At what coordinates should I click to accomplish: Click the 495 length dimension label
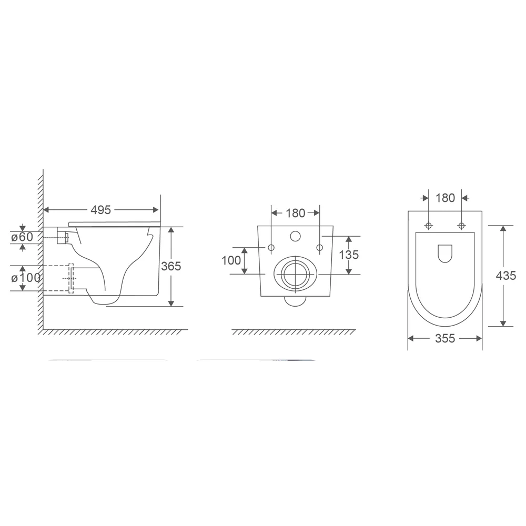point(100,210)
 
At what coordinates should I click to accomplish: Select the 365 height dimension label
point(171,266)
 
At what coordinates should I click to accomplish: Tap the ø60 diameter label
point(22,237)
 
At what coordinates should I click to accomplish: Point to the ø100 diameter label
point(26,278)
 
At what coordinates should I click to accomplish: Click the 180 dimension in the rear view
point(295,213)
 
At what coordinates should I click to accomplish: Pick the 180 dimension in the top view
point(445,198)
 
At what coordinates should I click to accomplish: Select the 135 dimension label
point(349,255)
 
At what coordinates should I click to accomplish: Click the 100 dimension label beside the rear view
point(231,260)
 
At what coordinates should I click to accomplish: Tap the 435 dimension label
point(506,276)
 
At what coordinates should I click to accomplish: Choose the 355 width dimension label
point(445,338)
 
